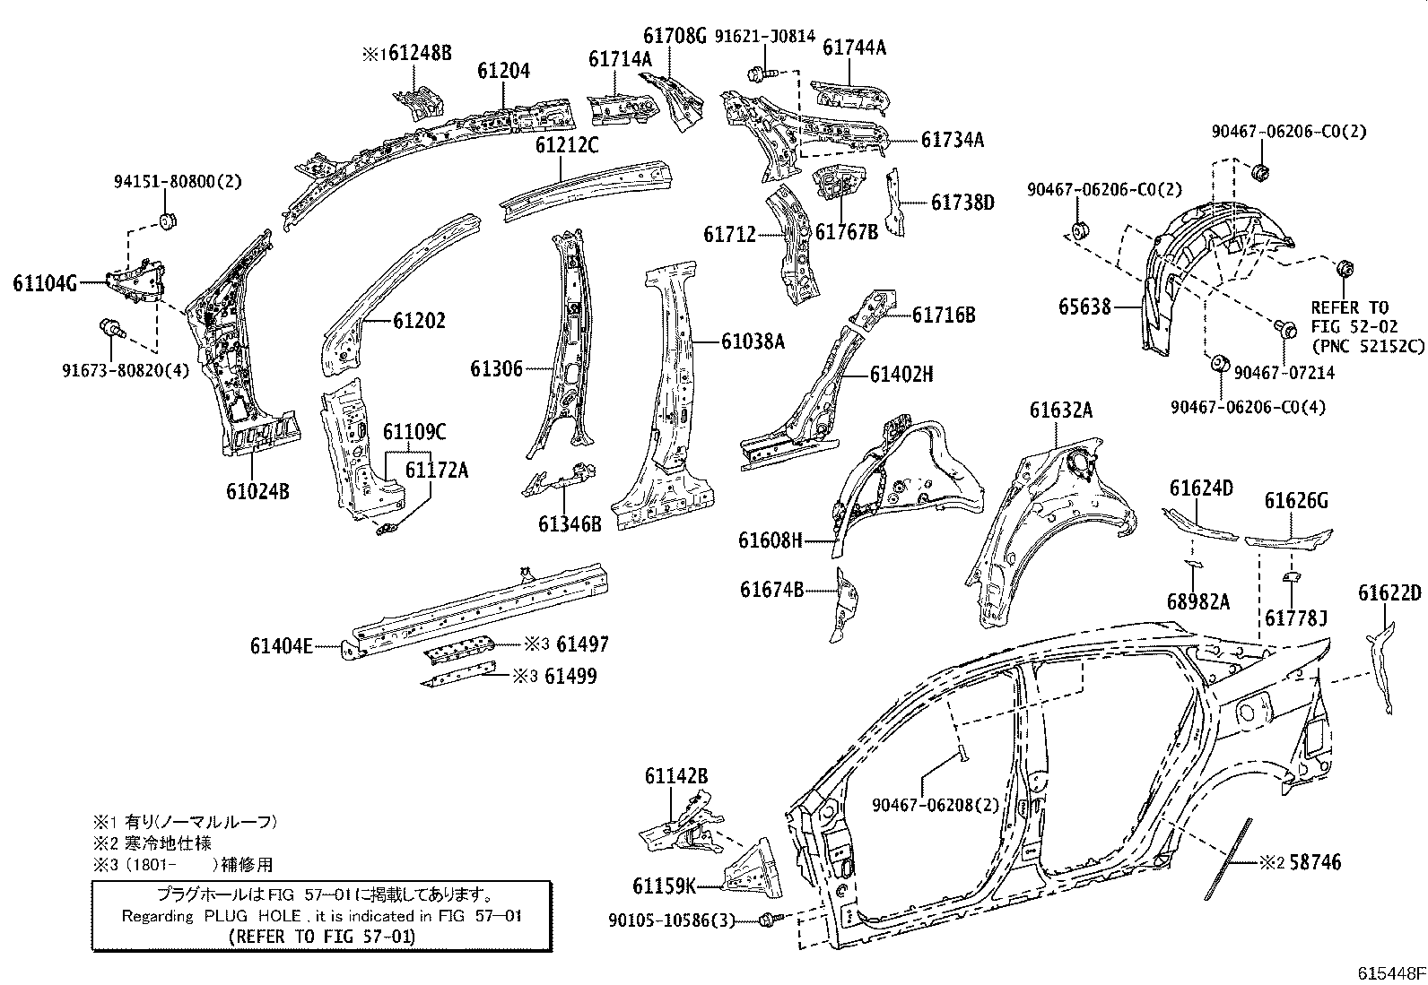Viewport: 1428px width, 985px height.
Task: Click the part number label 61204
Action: pyautogui.click(x=503, y=71)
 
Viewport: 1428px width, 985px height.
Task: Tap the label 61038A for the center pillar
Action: pyautogui.click(x=753, y=341)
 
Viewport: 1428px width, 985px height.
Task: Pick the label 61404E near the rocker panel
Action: pyautogui.click(x=281, y=644)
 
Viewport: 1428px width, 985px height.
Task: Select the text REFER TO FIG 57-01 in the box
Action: pyautogui.click(x=322, y=936)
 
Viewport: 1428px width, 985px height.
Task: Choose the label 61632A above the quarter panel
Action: pyautogui.click(x=1061, y=410)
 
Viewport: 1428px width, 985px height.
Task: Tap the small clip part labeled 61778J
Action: pyautogui.click(x=1289, y=578)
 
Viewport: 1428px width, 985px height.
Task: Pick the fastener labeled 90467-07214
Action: pyautogui.click(x=1284, y=330)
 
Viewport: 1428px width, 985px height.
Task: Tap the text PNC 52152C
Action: pyautogui.click(x=1367, y=344)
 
